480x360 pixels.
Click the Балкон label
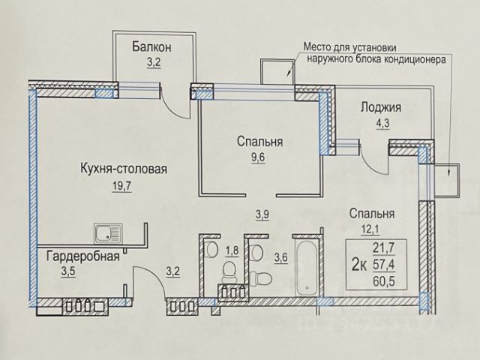pyautogui.click(x=151, y=47)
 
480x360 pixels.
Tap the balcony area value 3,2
pyautogui.click(x=154, y=63)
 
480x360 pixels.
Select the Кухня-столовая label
pyautogui.click(x=124, y=169)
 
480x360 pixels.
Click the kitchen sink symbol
pyautogui.click(x=109, y=234)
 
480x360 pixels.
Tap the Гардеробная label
pyautogui.click(x=82, y=256)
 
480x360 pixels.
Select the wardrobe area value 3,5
pyautogui.click(x=68, y=271)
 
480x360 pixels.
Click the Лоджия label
pyautogui.click(x=381, y=108)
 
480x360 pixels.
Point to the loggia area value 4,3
pyautogui.click(x=382, y=124)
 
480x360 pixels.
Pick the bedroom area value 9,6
pyautogui.click(x=257, y=157)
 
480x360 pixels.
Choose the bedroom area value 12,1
pyautogui.click(x=370, y=229)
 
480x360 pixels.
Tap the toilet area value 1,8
pyautogui.click(x=232, y=250)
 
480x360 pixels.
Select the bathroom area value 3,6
pyautogui.click(x=280, y=258)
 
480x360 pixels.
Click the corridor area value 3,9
pyautogui.click(x=262, y=214)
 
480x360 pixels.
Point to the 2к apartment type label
pyautogui.click(x=359, y=265)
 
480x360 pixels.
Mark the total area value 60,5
pyautogui.click(x=383, y=281)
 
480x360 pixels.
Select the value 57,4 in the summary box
pyautogui.click(x=383, y=265)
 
